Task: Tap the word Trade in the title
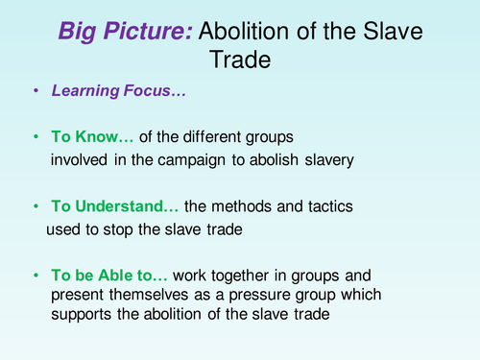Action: tap(240, 60)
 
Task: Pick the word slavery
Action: tap(325, 159)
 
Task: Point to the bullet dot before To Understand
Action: tap(36, 205)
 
